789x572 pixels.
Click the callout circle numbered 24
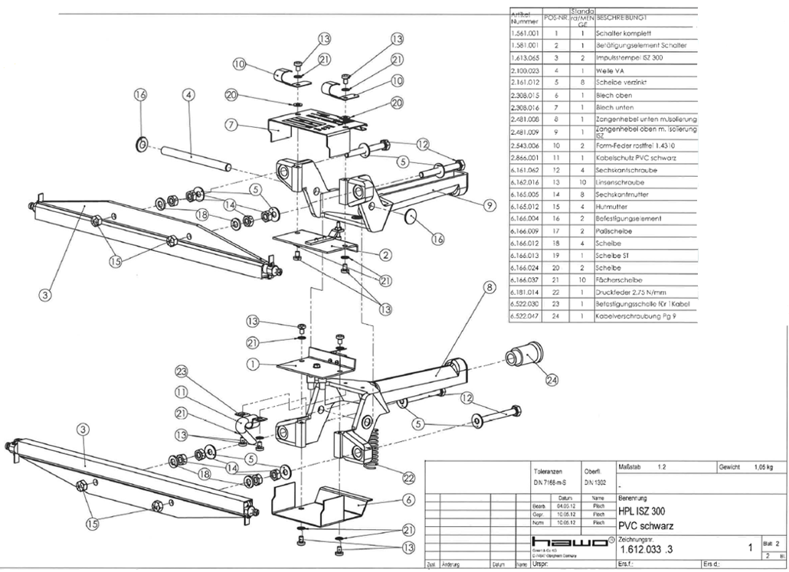[552, 378]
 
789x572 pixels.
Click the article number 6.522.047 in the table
[525, 316]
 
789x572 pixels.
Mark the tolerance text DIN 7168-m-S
[548, 482]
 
